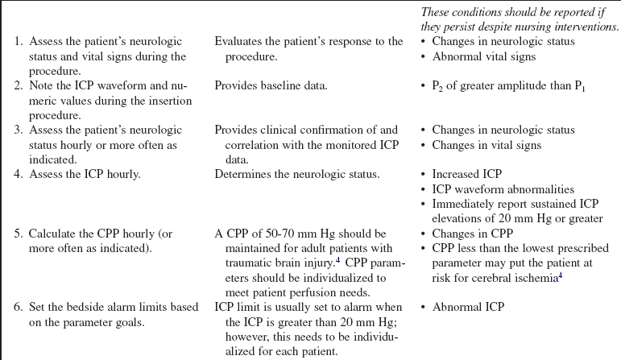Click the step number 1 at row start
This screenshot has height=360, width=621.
tap(19, 42)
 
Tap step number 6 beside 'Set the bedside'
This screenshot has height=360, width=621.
tap(19, 307)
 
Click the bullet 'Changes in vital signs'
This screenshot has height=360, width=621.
tap(486, 145)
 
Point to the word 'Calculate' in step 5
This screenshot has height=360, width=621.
tap(56, 234)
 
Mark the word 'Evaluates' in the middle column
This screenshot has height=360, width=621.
tap(240, 42)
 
